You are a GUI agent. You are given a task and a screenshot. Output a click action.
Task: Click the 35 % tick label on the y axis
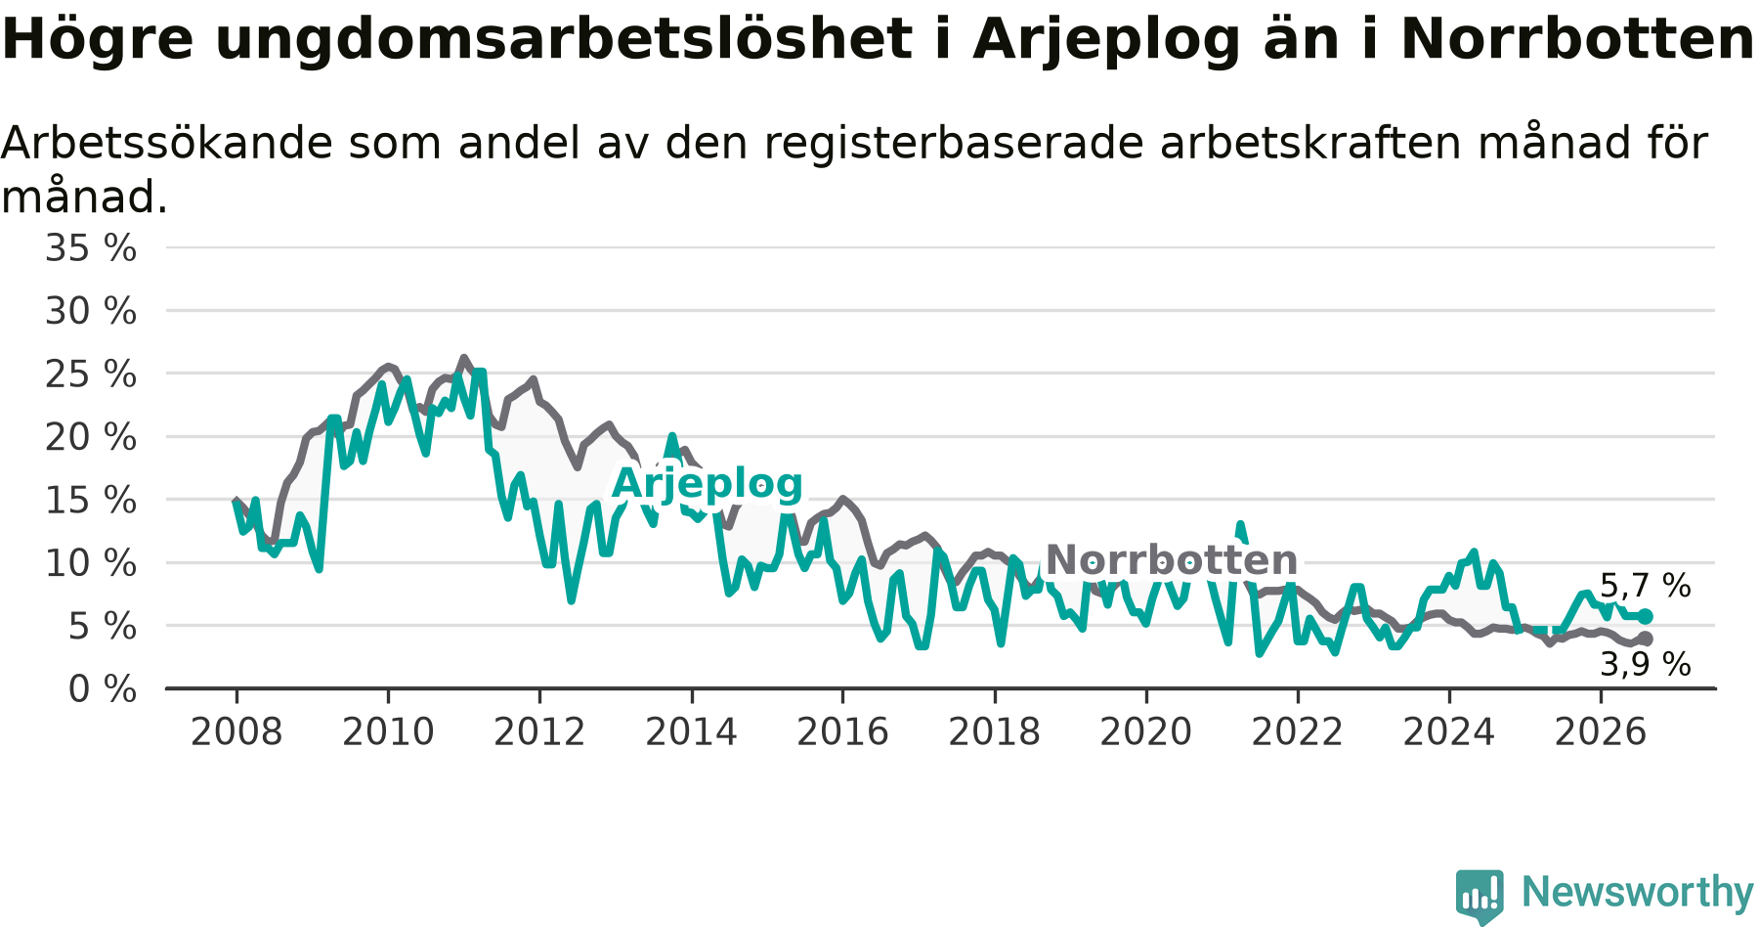pyautogui.click(x=91, y=248)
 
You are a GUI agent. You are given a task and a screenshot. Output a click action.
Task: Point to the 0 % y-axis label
pyautogui.click(x=103, y=689)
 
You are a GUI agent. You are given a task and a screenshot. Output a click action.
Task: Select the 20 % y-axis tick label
pyautogui.click(x=91, y=437)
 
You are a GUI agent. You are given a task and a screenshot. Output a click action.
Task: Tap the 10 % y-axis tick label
pyautogui.click(x=91, y=563)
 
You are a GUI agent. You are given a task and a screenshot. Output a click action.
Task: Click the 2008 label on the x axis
pyautogui.click(x=236, y=731)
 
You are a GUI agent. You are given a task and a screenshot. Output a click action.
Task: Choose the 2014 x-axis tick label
pyautogui.click(x=691, y=731)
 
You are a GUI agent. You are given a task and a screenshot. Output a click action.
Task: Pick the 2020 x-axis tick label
pyautogui.click(x=1146, y=731)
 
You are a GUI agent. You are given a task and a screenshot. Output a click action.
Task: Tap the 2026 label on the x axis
pyautogui.click(x=1601, y=731)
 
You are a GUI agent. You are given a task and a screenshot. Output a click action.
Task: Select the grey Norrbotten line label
pyautogui.click(x=1172, y=560)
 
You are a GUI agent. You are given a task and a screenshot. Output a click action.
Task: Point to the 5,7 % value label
pyautogui.click(x=1646, y=586)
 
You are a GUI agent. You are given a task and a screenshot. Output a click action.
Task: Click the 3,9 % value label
pyautogui.click(x=1646, y=665)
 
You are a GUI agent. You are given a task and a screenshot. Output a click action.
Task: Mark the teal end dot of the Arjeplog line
pyautogui.click(x=1646, y=616)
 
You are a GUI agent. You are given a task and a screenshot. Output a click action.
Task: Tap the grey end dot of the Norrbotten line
pyautogui.click(x=1646, y=639)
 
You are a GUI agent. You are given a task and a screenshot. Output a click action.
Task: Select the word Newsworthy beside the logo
pyautogui.click(x=1638, y=892)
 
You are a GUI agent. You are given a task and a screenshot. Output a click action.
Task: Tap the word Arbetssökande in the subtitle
pyautogui.click(x=167, y=143)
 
